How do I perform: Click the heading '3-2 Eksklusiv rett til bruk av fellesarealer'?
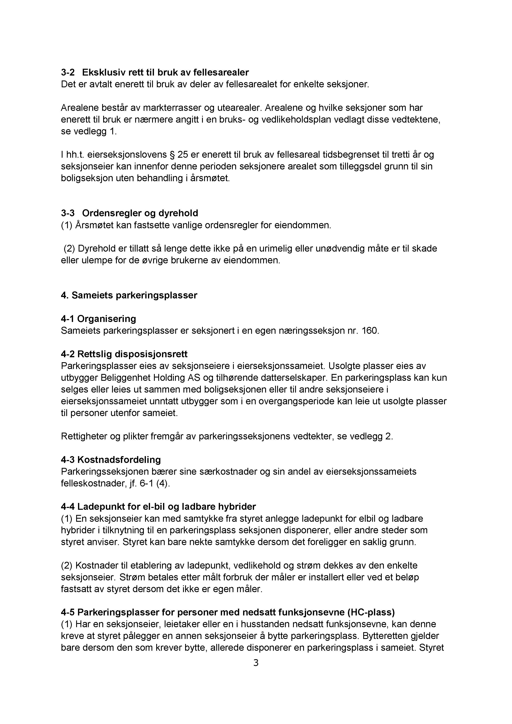coord(155,72)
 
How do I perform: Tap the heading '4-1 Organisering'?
coord(98,319)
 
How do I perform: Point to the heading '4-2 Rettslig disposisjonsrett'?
coord(124,354)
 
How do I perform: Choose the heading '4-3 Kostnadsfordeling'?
coord(111,460)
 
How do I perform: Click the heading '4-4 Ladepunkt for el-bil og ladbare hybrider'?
coord(158,506)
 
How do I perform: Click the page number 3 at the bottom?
coord(256,663)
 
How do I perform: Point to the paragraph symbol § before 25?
coord(172,155)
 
